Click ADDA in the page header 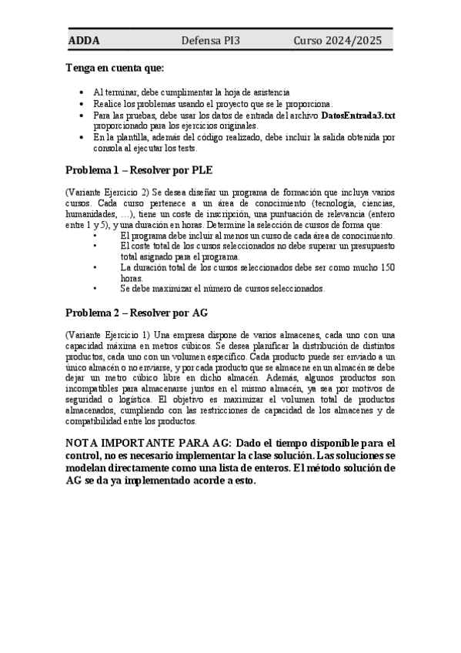click(x=84, y=40)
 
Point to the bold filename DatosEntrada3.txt click(x=359, y=115)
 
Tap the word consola click(x=109, y=148)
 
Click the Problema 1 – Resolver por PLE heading click(x=139, y=169)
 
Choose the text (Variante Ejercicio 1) click(x=107, y=335)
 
